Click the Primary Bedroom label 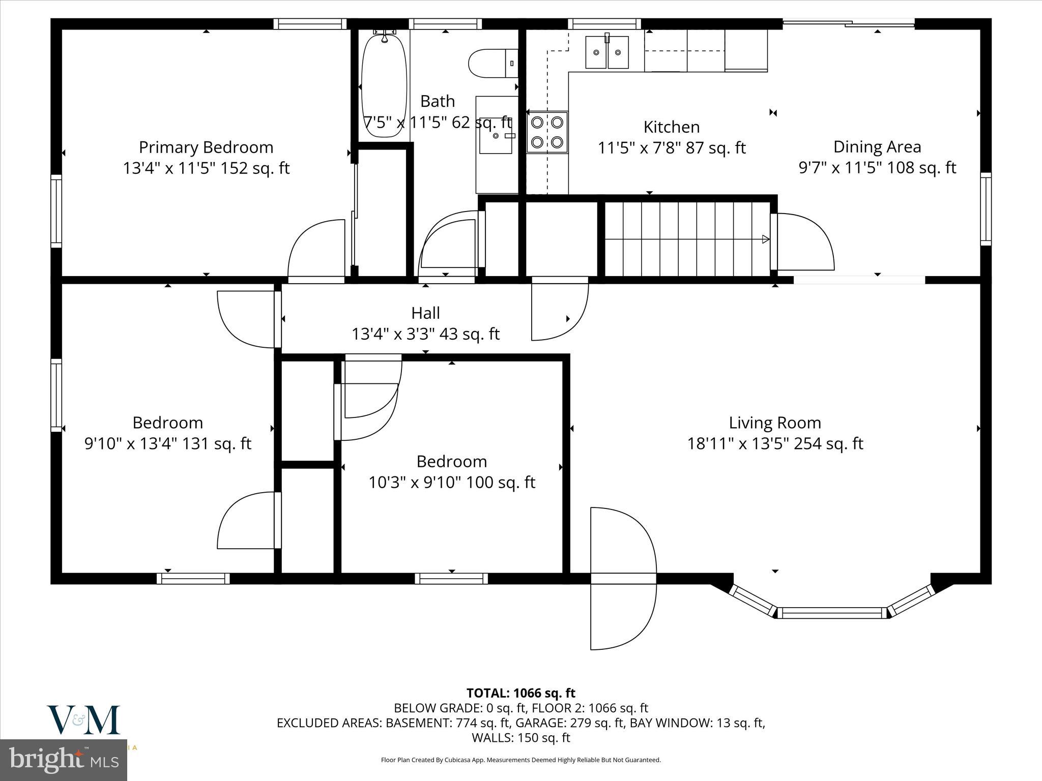pyautogui.click(x=206, y=147)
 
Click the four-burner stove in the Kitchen pyautogui.click(x=547, y=132)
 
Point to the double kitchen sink pyautogui.click(x=606, y=52)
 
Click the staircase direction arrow pyautogui.click(x=765, y=239)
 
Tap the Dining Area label pyautogui.click(x=877, y=147)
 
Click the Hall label pyautogui.click(x=425, y=313)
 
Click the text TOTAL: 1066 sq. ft pyautogui.click(x=520, y=693)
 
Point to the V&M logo pyautogui.click(x=83, y=720)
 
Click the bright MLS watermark pyautogui.click(x=64, y=760)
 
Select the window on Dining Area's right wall pyautogui.click(x=986, y=209)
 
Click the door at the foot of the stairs pyautogui.click(x=803, y=242)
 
